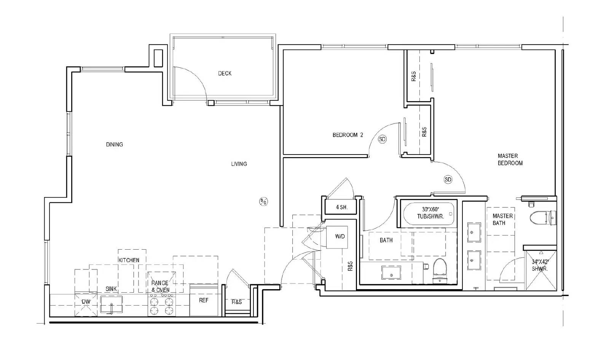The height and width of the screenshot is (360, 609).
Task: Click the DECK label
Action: point(225,73)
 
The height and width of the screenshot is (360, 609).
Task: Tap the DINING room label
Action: point(115,144)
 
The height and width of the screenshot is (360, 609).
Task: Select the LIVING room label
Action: point(239,164)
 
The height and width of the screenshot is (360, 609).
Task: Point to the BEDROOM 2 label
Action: point(348,135)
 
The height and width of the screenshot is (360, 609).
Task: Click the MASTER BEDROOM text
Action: point(510,159)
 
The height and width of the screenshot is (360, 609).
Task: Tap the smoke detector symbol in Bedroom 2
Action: point(382,139)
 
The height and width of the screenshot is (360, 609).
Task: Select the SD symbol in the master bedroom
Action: point(448,180)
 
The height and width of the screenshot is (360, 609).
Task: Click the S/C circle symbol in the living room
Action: point(263,201)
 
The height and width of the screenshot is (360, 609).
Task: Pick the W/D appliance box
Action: point(337,237)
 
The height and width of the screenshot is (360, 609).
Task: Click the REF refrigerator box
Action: point(204,300)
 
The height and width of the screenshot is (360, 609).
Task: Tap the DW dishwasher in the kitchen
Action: point(86,304)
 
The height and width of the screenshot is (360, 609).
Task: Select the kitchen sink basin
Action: point(112,304)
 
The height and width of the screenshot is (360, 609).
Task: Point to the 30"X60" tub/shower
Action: point(429,214)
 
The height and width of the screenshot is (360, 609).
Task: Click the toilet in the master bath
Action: point(543,218)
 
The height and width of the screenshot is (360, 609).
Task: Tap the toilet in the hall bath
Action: point(440,271)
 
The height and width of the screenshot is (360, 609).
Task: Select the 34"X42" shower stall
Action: point(541,270)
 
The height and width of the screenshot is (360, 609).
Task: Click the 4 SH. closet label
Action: point(342,207)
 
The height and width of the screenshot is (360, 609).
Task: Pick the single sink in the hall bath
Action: point(391,273)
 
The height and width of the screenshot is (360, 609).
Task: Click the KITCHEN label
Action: point(129,260)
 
